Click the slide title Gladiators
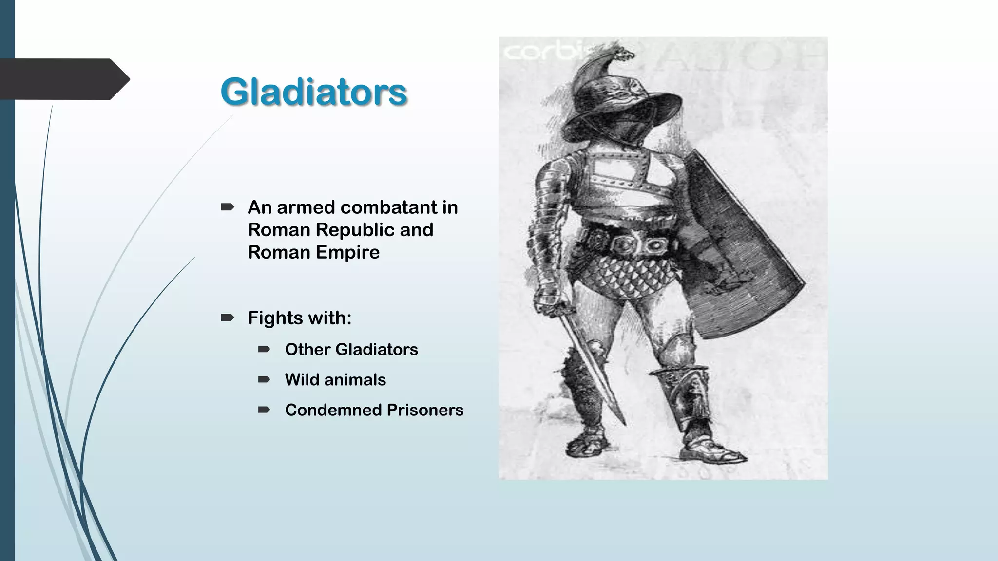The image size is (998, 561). (313, 92)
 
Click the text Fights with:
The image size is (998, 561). (299, 318)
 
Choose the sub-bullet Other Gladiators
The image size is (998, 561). (351, 349)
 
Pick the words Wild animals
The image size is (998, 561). (335, 379)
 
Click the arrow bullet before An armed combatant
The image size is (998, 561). (228, 207)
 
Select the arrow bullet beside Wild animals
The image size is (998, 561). (264, 379)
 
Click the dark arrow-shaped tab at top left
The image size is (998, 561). (63, 79)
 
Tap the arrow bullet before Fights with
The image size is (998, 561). (228, 318)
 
